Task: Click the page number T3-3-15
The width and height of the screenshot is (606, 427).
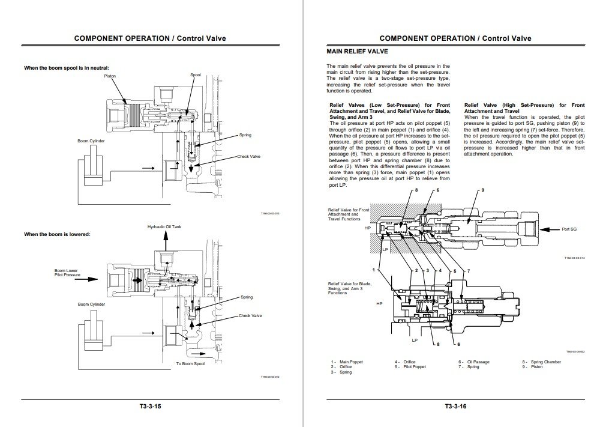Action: (150, 407)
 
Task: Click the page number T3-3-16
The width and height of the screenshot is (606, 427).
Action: (455, 407)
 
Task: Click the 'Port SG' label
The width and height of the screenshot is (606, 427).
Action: (569, 229)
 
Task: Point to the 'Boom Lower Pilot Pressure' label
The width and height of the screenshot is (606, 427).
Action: (67, 273)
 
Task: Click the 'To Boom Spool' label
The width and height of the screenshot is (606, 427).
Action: (190, 363)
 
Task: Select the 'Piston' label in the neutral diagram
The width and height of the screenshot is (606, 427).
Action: (110, 76)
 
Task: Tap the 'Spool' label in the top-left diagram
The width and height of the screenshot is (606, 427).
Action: (196, 75)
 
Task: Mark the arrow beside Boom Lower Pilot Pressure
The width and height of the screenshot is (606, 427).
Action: (89, 279)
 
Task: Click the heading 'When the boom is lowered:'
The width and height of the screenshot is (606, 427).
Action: (57, 234)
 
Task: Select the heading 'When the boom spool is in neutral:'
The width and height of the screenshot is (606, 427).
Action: (67, 67)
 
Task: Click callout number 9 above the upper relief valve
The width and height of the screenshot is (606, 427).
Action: (482, 190)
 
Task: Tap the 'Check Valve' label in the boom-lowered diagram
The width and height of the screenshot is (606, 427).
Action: (250, 315)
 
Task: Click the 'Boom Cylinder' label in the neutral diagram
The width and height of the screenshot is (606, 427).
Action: (91, 141)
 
